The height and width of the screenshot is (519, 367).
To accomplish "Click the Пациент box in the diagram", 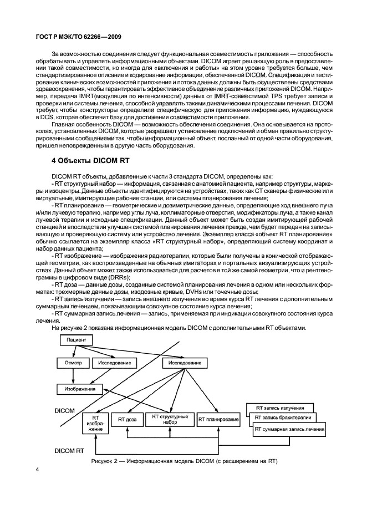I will coord(76,339).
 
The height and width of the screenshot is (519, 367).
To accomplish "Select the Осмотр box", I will coord(68,363).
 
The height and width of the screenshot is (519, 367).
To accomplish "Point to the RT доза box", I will coord(127,420).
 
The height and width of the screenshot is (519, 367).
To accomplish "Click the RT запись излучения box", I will coord(279,407).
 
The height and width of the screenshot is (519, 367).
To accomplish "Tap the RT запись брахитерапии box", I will coord(283,418).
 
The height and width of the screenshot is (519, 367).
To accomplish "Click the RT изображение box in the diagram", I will coord(95,423).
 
